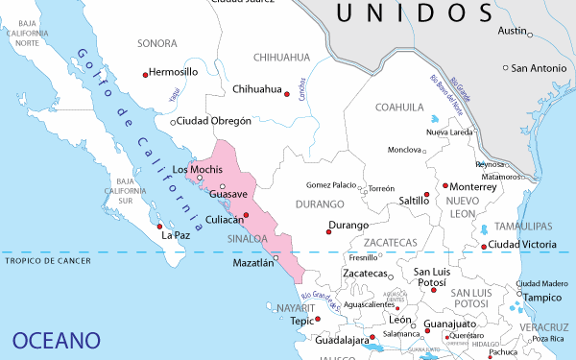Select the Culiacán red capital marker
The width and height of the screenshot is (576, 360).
[246, 215]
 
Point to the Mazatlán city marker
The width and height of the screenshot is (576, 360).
[276, 257]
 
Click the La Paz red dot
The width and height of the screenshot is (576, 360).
[159, 228]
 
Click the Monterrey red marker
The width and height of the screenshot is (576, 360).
[445, 186]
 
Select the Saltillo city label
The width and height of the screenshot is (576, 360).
[413, 201]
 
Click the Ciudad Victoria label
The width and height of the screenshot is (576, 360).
[523, 245]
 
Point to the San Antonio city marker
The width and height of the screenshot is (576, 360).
[506, 68]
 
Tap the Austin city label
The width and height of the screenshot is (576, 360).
[513, 31]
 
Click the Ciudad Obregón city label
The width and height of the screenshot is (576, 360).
[215, 122]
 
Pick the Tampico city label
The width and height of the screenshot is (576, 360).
[541, 298]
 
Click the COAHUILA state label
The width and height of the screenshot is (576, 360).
[399, 107]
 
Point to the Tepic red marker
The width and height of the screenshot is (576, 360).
[318, 318]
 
